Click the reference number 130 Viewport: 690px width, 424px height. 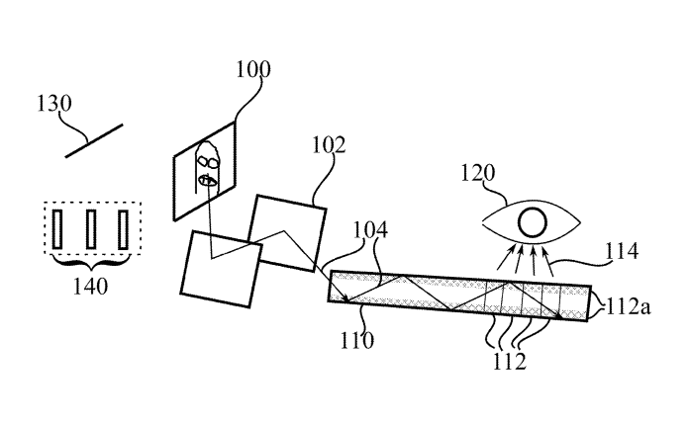coord(53,103)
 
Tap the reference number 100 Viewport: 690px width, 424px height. coord(253,69)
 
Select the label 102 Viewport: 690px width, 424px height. coord(329,144)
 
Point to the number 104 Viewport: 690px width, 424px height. coord(370,229)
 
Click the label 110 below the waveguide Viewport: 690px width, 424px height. coord(357,340)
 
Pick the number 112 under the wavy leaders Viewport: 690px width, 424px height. coord(509,361)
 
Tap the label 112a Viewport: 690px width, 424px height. coord(628,306)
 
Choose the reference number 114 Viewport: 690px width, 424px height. coord(622,251)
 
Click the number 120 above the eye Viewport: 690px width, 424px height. coord(477,173)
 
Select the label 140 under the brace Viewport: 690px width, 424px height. coord(90,287)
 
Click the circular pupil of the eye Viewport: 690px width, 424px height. coord(533,222)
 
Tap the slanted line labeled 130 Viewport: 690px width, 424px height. coord(94,140)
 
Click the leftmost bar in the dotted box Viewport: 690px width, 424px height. coord(57,229)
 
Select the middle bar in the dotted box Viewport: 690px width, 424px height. coord(91,229)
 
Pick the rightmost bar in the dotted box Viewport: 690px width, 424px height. coord(123,229)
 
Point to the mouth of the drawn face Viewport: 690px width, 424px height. coord(208,180)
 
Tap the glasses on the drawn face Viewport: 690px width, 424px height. coord(207,162)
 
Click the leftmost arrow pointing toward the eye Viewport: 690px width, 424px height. coord(506,257)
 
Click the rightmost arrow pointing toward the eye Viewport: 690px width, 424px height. coord(547,261)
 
